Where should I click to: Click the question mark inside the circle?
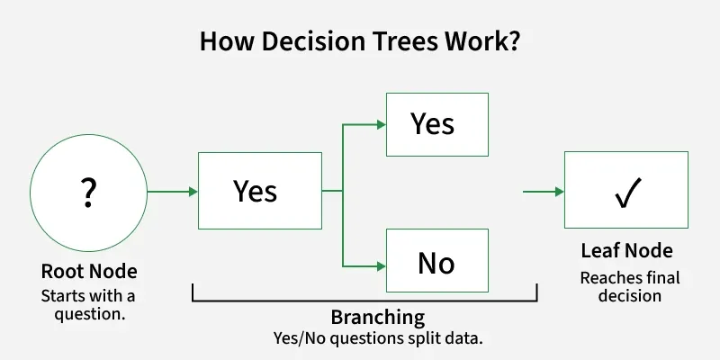(88, 192)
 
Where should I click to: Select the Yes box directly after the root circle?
(259, 191)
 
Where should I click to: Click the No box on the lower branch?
(436, 263)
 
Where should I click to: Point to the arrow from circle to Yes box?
(172, 191)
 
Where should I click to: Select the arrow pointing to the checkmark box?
(544, 191)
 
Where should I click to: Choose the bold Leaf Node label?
(626, 252)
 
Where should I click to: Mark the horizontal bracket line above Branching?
(364, 301)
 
